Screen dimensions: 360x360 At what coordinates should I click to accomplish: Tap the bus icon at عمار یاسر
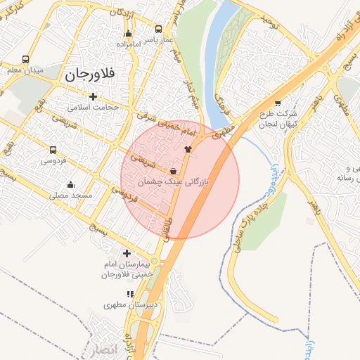158,30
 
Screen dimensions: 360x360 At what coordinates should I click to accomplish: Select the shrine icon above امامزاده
128,34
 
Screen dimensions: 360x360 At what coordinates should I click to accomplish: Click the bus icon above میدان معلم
26,60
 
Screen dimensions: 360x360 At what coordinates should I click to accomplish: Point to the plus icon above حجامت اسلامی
93,96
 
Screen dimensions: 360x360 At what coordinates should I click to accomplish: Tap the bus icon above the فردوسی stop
53,150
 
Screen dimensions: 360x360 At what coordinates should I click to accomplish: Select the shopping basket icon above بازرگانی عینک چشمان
174,171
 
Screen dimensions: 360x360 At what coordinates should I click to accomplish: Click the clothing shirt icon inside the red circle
187,149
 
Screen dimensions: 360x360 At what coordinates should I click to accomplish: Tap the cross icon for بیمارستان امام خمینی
127,253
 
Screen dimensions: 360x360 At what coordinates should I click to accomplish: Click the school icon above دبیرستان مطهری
129,294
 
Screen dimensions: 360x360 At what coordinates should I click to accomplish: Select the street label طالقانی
169,229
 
